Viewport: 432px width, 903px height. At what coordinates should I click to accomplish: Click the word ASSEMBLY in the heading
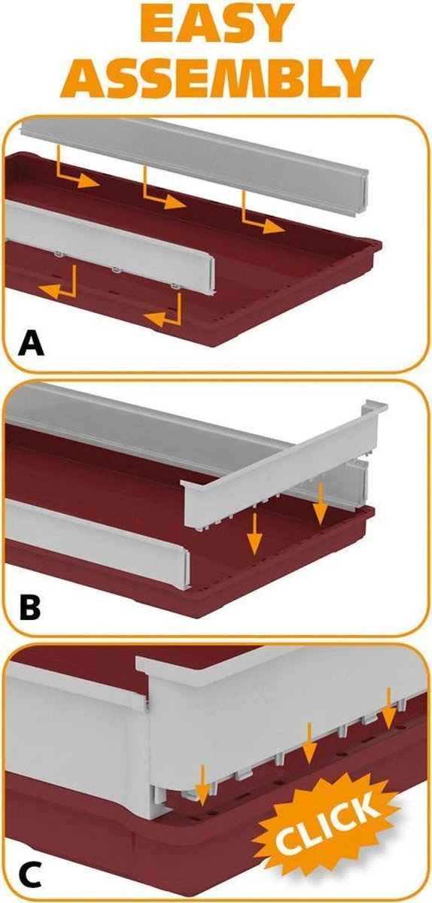coord(216,78)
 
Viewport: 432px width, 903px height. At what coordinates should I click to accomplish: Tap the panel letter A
coord(31,342)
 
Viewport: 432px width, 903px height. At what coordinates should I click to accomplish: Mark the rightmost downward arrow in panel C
coord(388,709)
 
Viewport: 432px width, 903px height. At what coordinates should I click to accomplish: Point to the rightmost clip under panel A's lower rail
coord(175,287)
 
